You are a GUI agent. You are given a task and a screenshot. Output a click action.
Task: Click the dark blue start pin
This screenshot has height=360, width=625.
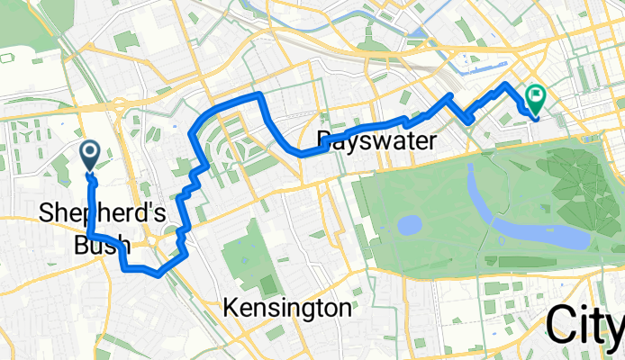coord(91,155)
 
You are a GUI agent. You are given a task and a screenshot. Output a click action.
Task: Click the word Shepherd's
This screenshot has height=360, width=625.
coord(88,213)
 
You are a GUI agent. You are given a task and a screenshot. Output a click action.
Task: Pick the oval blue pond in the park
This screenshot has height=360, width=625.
coord(410,224)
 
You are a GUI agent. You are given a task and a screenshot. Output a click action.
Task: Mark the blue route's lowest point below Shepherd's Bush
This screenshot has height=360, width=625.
coord(159,274)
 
